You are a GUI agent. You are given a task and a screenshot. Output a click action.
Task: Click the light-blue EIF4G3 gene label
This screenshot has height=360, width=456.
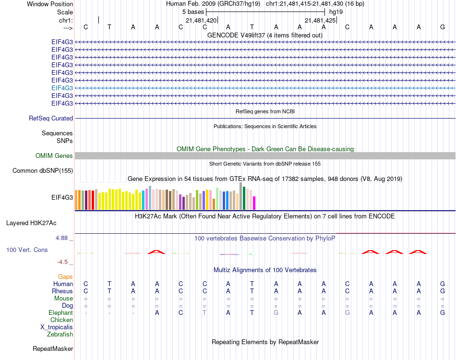(62, 88)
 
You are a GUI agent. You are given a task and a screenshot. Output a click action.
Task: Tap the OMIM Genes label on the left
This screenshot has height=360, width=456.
(54, 156)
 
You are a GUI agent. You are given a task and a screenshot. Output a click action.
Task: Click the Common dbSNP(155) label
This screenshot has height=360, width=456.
(43, 170)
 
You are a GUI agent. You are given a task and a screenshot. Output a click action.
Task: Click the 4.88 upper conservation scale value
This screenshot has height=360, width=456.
(63, 238)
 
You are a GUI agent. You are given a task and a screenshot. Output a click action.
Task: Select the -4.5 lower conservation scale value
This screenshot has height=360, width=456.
(64, 262)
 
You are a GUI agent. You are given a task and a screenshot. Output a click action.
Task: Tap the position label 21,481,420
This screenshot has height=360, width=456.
(201, 20)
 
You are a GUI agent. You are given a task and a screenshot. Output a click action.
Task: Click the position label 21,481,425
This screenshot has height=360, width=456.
(320, 20)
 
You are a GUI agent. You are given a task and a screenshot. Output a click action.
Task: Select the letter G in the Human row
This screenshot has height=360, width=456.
(442, 284)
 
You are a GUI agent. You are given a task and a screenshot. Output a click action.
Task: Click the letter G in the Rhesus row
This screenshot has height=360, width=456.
(442, 291)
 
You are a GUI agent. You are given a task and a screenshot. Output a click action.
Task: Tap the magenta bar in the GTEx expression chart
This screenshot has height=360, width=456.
(254, 203)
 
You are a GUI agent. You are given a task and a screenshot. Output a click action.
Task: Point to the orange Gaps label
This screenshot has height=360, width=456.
(65, 276)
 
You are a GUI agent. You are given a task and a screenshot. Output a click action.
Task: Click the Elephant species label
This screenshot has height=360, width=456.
(61, 312)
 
